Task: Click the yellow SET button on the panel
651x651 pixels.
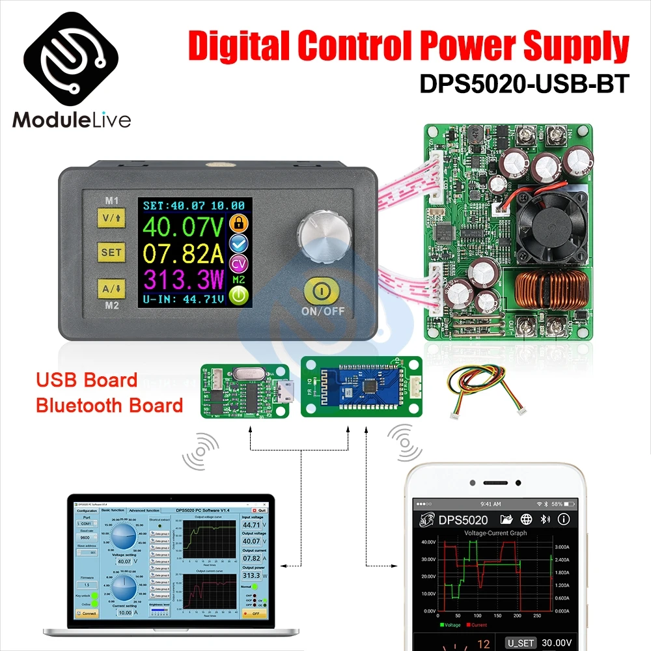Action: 111,252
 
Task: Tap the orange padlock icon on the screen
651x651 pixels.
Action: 240,223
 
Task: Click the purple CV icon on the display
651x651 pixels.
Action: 240,262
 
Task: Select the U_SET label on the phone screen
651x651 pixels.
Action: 521,643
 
